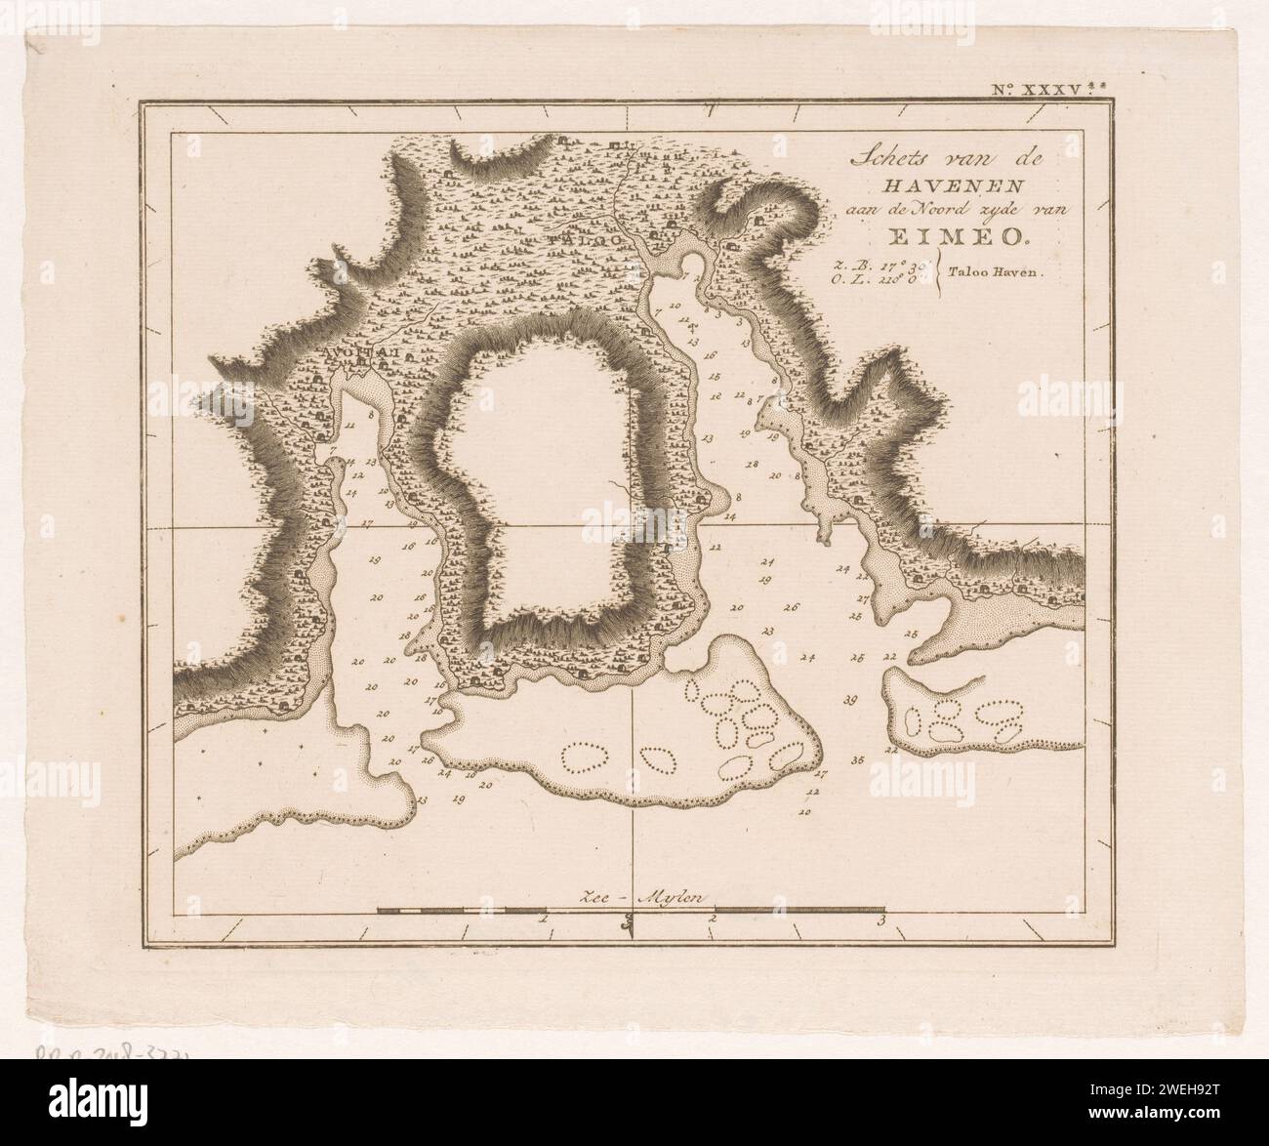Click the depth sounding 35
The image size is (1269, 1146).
857,759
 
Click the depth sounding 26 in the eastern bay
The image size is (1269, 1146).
790,607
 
